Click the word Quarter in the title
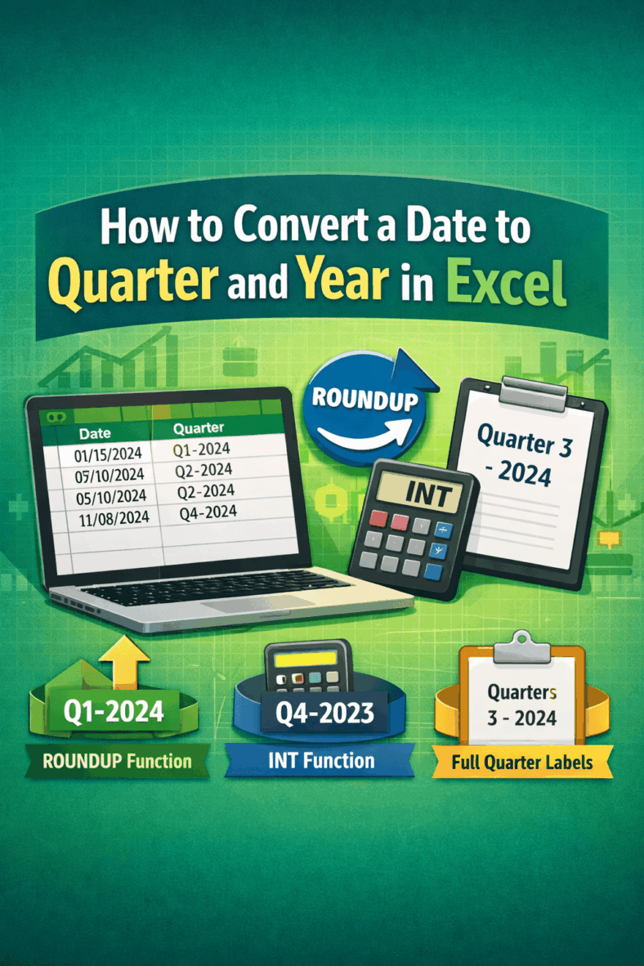pos(155,282)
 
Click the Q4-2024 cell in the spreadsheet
pos(208,512)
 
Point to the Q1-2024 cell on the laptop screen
pos(202,449)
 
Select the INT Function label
pos(321,761)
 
